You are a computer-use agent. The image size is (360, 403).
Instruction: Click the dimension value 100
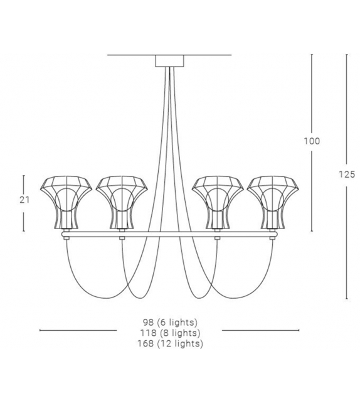pos(312,141)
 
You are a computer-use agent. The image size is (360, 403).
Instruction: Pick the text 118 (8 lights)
pos(169,333)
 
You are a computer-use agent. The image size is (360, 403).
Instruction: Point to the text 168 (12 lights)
pos(169,343)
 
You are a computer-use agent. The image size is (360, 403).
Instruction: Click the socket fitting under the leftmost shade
pos(66,237)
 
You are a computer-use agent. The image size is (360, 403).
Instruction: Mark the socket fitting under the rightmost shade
pos(272,237)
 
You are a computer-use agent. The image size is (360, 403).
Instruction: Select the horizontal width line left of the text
pos(78,330)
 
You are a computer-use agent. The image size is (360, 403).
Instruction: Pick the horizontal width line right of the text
pos(260,330)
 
